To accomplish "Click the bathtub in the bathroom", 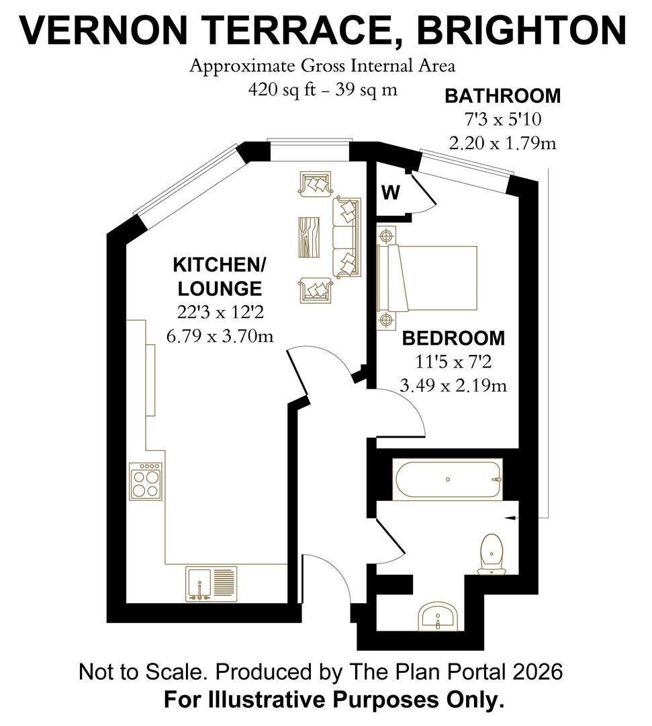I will (x=448, y=480).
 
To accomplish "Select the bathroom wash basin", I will (x=438, y=616).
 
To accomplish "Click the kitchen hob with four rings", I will (x=146, y=480).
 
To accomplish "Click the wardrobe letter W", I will (x=391, y=193).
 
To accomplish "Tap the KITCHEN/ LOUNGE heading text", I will (x=220, y=276).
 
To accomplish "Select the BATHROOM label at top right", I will (x=502, y=95).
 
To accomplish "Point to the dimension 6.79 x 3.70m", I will (x=220, y=335).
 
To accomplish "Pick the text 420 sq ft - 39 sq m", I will (x=322, y=89).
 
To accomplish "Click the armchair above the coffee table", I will (x=316, y=183).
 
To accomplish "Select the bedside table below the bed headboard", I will (x=385, y=320).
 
